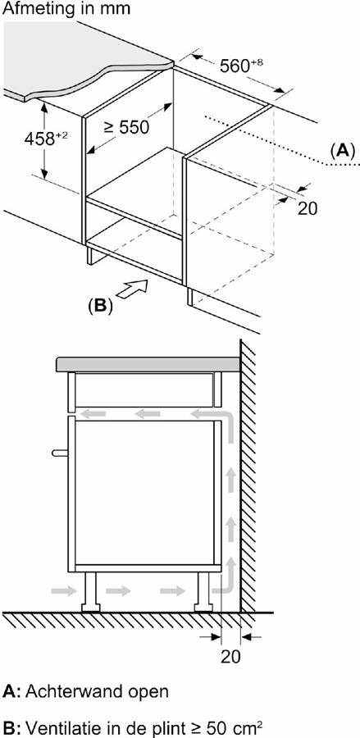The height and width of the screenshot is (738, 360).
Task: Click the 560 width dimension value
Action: (241, 66)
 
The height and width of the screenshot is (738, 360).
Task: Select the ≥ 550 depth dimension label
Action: (125, 127)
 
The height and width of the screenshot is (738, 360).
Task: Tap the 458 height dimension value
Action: (46, 139)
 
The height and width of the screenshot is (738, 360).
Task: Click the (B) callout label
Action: (100, 306)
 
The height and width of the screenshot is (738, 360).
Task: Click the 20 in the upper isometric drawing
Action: (307, 207)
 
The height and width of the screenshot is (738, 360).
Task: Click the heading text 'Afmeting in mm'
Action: (66, 9)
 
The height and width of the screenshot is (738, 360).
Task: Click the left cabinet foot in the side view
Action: (90, 590)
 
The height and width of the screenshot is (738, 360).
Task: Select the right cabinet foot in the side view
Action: (204, 590)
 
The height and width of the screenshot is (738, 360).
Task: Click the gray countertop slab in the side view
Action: (148, 364)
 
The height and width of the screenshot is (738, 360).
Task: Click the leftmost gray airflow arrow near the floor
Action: (64, 591)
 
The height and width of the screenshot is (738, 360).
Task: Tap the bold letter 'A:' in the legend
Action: (11, 691)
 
